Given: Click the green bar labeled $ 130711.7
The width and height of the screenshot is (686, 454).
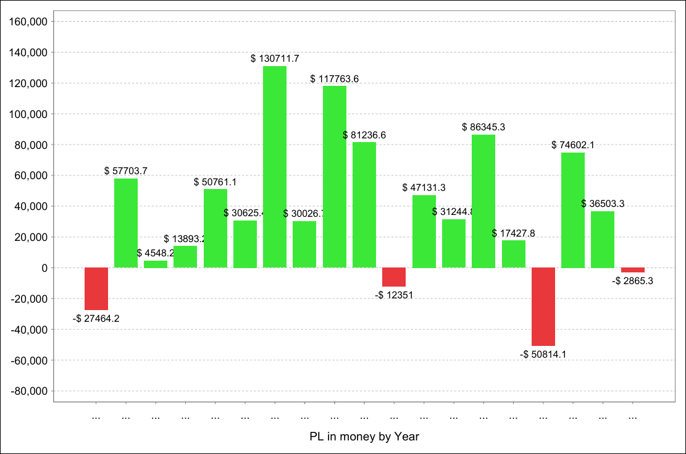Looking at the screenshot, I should coord(275,167).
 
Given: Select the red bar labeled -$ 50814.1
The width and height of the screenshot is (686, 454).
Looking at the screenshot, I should coord(543,306).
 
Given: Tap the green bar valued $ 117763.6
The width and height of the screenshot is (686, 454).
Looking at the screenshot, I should coord(335,177).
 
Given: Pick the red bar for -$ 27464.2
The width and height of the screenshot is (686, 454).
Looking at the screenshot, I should coord(96,288).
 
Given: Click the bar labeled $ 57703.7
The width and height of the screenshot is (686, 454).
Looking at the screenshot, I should coord(126,223).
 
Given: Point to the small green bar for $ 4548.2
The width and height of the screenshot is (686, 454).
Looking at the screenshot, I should coord(156,264).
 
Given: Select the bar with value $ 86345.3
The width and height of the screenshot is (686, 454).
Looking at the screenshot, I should coord(483,201).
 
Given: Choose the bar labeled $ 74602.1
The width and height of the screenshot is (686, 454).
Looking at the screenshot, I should coord(573,210).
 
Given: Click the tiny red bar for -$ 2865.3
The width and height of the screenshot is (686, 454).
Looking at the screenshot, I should coord(633,270).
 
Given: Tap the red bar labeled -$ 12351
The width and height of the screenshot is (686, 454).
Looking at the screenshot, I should coord(394,277).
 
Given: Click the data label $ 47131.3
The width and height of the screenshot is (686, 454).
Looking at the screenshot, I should coord(424,188).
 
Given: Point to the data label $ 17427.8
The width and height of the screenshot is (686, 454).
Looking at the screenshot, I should coord(514,233).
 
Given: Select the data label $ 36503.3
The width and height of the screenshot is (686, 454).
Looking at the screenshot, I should coord(603,203).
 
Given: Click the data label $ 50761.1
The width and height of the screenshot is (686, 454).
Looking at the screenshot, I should coord(215,182).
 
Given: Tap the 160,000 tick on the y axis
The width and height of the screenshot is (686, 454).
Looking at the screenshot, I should coord(30,22).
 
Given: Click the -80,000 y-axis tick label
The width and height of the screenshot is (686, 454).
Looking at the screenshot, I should coord(30,391).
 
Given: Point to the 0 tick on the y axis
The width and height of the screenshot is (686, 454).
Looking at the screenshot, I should coord(44,268).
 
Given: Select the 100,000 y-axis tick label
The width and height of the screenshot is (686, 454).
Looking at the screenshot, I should coord(30,114).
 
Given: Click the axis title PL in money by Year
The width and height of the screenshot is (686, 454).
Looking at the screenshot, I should coord(364,437).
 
